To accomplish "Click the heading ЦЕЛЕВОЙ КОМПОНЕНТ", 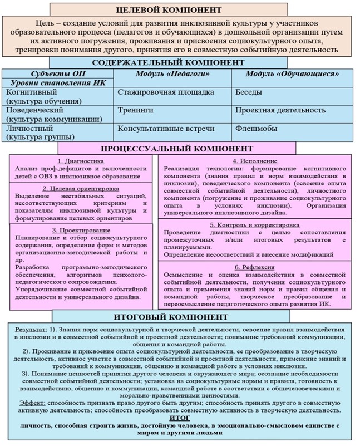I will pos(179,10).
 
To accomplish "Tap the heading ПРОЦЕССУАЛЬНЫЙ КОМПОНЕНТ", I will pos(177,149).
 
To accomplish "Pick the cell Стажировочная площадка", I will pos(158,92).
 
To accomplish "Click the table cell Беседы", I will pos(249,92).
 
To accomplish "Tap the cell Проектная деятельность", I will pos(280,110).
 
